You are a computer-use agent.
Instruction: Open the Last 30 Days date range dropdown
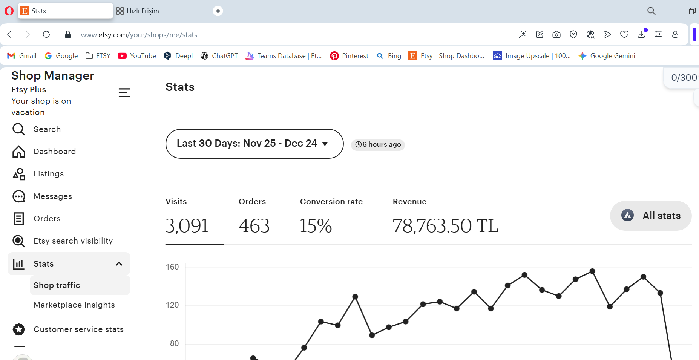click(254, 144)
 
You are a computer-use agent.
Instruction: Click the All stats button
click(651, 216)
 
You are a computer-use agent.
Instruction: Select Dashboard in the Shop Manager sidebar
click(55, 152)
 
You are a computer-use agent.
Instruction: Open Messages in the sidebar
click(53, 196)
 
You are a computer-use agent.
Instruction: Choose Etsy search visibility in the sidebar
click(73, 241)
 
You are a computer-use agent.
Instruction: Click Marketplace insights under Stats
click(74, 305)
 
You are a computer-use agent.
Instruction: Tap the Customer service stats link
click(78, 329)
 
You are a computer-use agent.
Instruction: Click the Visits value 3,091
click(187, 226)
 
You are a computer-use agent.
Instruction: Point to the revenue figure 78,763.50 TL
click(446, 226)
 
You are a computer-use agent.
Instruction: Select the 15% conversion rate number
click(316, 226)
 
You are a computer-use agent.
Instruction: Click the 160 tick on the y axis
click(172, 267)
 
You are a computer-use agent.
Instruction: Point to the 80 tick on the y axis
click(174, 343)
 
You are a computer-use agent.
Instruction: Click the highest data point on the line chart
click(592, 271)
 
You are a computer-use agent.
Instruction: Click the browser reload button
click(46, 34)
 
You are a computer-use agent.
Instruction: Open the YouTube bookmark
click(137, 56)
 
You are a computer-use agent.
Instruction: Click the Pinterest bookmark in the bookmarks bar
click(349, 56)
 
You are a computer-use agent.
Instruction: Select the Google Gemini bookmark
click(607, 56)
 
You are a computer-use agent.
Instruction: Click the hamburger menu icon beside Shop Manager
click(124, 93)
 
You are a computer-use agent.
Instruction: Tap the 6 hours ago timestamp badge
click(378, 144)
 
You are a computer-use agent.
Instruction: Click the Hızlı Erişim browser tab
click(137, 11)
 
